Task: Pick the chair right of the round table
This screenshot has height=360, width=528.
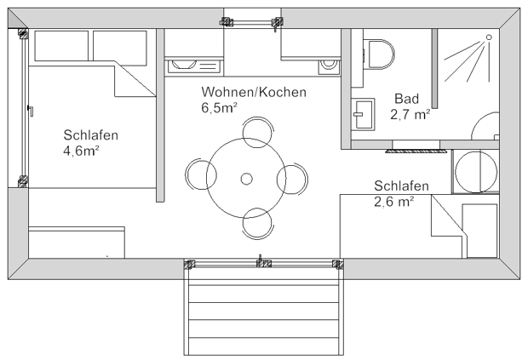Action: coord(291,179)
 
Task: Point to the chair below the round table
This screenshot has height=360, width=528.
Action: coord(257,223)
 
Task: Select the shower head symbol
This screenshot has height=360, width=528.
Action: coord(488,37)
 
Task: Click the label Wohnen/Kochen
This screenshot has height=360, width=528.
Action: coord(253,92)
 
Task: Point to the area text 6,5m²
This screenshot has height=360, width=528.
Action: coord(219,108)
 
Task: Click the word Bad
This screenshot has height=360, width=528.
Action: coord(405,99)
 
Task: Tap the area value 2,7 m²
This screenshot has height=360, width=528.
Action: coord(410,115)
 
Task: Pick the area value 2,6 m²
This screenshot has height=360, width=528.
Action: coord(393,202)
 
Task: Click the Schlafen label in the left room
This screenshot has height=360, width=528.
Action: coord(90,134)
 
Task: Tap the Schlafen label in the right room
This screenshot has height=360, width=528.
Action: coord(400,186)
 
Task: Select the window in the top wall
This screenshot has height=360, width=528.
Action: coord(251,22)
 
